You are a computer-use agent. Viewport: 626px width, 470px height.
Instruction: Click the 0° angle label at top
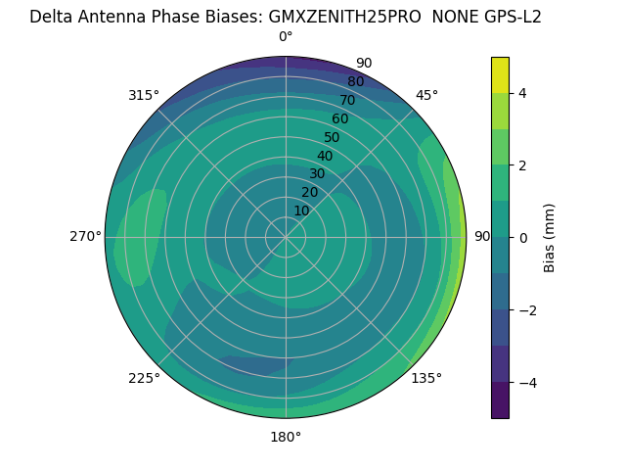pos(286,37)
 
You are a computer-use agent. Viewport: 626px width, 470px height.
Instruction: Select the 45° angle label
pos(426,95)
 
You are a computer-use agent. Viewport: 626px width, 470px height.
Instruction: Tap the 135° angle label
pos(426,378)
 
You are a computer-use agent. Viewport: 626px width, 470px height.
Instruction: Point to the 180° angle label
pos(286,437)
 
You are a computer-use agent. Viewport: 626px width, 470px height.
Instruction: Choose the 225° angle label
pos(144,378)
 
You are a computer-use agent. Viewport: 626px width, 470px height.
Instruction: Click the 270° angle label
pos(86,237)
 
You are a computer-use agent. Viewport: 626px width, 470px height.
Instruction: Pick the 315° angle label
pos(144,95)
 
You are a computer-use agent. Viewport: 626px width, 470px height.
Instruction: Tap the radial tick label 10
pos(301,211)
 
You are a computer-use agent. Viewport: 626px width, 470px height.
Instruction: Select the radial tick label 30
pos(317,174)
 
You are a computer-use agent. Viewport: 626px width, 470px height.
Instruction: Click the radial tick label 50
pos(332,138)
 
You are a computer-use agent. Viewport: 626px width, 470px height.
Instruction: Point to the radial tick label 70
pos(347,101)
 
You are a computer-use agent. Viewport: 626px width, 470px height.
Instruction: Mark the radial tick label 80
pos(355,82)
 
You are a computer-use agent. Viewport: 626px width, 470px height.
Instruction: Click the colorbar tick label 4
pos(523,93)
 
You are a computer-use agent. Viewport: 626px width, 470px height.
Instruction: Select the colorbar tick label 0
pos(523,238)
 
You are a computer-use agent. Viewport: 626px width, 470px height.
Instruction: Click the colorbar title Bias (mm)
pos(550,238)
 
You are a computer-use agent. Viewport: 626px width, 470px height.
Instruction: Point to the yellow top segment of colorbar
pos(500,74)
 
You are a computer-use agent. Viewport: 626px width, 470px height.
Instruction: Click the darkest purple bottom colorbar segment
pos(500,400)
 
